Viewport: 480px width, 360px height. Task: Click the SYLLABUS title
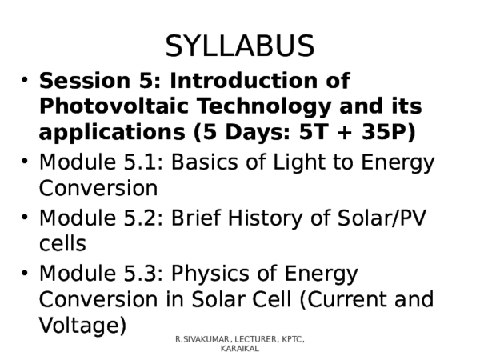tap(239, 46)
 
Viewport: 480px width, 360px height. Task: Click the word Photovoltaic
tap(104, 106)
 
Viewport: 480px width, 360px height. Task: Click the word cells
tap(62, 243)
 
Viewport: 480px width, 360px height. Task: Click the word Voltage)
tap(82, 326)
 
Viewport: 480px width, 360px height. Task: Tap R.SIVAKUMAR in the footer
tap(203, 341)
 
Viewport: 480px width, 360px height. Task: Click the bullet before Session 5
tap(26, 82)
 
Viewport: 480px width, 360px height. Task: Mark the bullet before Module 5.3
tap(26, 274)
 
